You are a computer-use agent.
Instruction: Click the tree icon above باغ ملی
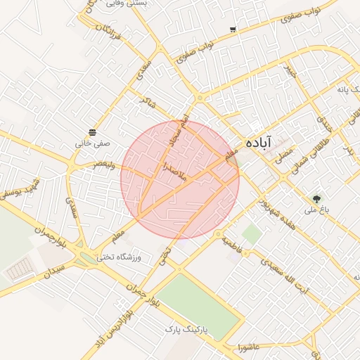tap(316, 199)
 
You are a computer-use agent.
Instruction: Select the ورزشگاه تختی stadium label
tap(119, 257)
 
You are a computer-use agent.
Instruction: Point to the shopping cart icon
tap(233, 30)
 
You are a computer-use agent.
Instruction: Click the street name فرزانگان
tap(108, 31)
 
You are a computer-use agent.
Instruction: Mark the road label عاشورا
tap(250, 347)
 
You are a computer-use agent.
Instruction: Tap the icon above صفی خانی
tap(93, 132)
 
